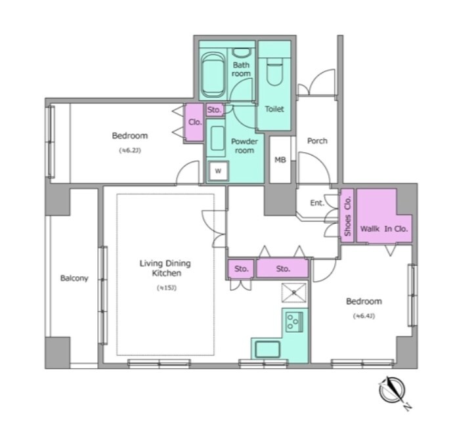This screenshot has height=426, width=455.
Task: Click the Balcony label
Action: point(74,278)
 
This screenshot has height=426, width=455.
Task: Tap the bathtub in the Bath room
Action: point(213,75)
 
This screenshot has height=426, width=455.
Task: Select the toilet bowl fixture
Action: point(274,72)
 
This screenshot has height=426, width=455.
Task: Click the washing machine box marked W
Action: point(218,171)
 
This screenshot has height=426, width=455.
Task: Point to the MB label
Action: point(280,160)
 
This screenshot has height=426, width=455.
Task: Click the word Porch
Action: point(317,140)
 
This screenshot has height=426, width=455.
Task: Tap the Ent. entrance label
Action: point(317,203)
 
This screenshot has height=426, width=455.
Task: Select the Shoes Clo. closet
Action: point(347,215)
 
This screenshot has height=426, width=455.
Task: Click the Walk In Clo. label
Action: point(384,228)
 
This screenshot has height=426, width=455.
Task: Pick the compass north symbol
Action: point(392,391)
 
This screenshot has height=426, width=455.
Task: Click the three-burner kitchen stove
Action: point(294,322)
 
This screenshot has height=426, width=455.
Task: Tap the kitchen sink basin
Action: point(267,349)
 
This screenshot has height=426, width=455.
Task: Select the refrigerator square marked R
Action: point(293,293)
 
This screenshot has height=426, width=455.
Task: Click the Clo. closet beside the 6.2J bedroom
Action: point(194,123)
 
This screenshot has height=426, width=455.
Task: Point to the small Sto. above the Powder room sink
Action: point(215,110)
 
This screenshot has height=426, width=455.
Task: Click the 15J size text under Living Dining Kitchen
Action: point(167,288)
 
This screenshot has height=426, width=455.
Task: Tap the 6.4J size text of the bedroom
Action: point(364,316)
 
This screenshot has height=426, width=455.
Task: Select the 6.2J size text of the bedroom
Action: point(130,150)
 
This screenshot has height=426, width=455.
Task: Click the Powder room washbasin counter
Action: point(216,138)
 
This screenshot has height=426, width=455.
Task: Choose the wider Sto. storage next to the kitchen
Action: point(282,268)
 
